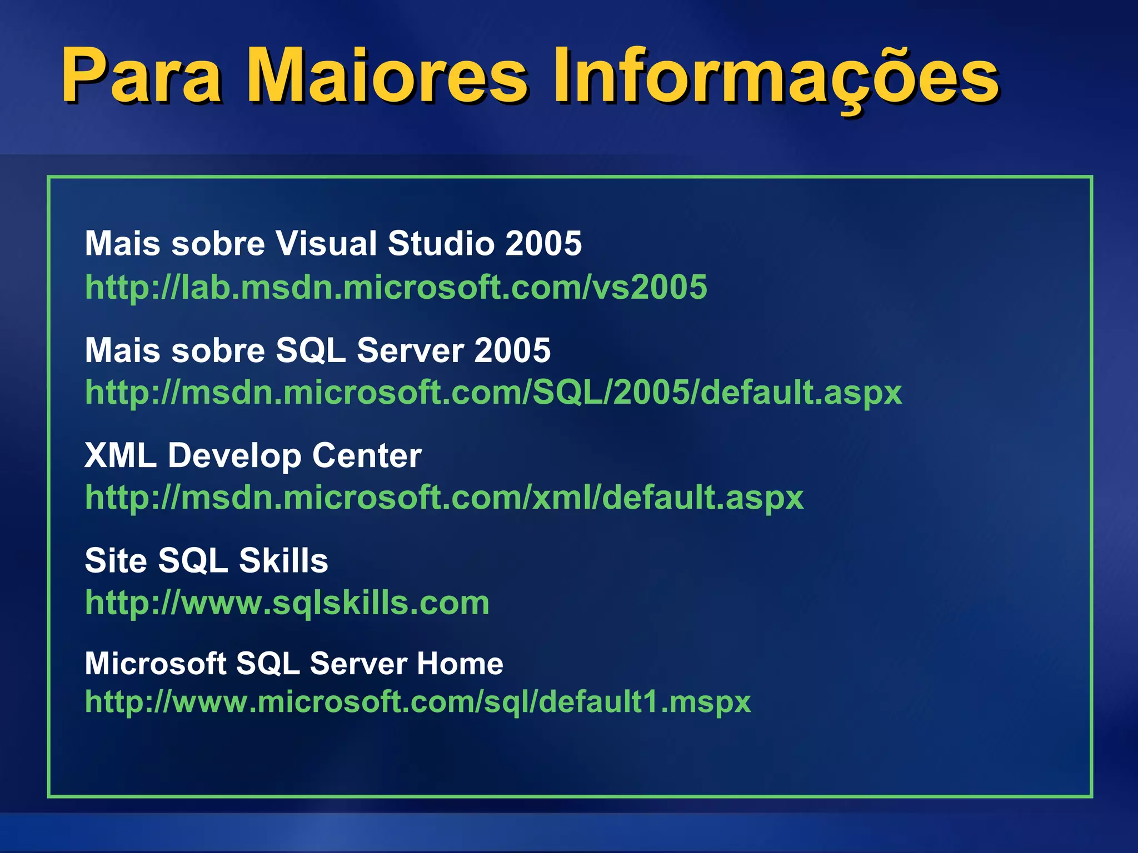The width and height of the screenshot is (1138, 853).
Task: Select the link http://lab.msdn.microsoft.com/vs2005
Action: coord(396,287)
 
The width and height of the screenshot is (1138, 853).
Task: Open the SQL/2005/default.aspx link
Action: coord(493,393)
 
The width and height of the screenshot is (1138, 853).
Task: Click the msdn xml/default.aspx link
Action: coord(444,497)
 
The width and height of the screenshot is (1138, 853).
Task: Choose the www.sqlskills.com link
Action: coord(287,603)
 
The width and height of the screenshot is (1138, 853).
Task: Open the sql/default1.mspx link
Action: coord(418,701)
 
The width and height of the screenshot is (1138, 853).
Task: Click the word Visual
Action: coord(327,243)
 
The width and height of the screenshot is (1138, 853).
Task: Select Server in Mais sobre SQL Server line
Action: coord(410,350)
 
